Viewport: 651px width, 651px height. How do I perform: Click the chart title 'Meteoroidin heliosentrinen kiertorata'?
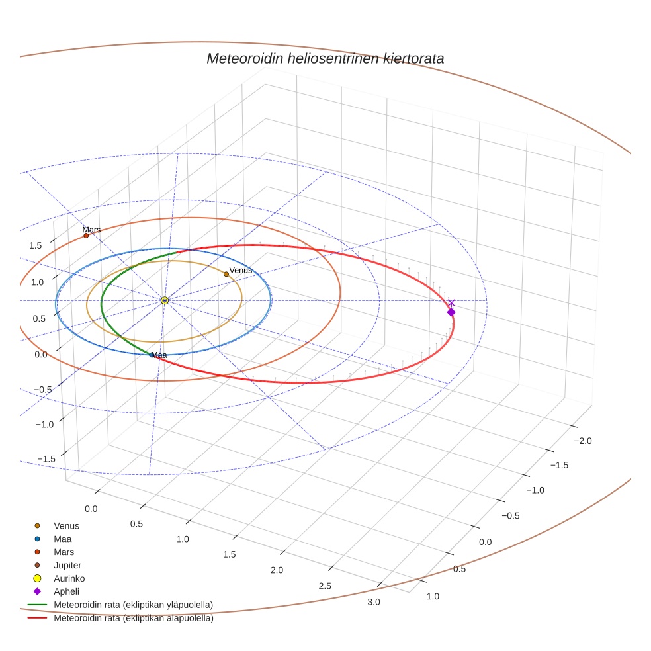pyautogui.click(x=325, y=58)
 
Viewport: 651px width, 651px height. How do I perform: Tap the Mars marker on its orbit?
pyautogui.click(x=86, y=236)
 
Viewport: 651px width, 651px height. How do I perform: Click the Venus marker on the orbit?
pyautogui.click(x=226, y=274)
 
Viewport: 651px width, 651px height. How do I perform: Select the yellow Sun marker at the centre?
pyautogui.click(x=165, y=300)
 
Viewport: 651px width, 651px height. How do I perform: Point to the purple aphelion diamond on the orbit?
pyautogui.click(x=451, y=312)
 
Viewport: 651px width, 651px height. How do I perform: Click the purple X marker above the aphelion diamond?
pyautogui.click(x=451, y=303)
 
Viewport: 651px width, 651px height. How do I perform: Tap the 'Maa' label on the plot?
pyautogui.click(x=159, y=355)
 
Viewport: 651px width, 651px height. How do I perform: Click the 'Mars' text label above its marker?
pyautogui.click(x=91, y=230)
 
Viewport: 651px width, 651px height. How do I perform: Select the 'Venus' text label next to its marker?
pyautogui.click(x=241, y=270)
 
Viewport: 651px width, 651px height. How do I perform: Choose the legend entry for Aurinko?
pyautogui.click(x=69, y=578)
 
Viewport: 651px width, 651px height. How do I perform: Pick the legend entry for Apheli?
pyautogui.click(x=66, y=591)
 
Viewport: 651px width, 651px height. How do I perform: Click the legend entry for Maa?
pyautogui.click(x=63, y=539)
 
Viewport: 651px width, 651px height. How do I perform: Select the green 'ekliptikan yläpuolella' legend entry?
pyautogui.click(x=133, y=605)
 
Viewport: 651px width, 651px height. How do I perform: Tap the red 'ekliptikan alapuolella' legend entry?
pyautogui.click(x=133, y=619)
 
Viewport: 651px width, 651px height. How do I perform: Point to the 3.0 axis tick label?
pyautogui.click(x=374, y=601)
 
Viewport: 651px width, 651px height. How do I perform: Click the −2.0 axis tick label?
pyautogui.click(x=582, y=441)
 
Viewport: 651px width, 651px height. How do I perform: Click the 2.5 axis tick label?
pyautogui.click(x=325, y=586)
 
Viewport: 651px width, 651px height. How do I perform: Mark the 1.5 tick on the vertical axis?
pyautogui.click(x=35, y=245)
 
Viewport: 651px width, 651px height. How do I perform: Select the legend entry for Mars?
pyautogui.click(x=64, y=552)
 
